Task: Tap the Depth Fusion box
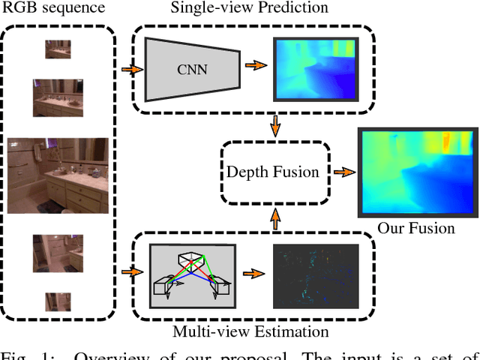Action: coord(273,172)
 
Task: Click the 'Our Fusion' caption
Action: coord(415,228)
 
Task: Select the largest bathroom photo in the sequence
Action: coord(58,175)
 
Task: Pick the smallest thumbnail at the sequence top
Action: coord(58,49)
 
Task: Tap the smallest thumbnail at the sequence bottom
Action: coord(58,301)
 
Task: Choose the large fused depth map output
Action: coord(415,171)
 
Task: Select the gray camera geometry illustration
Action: coord(193,277)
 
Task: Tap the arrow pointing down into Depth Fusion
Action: coord(275,125)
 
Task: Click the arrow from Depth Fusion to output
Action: coord(343,172)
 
